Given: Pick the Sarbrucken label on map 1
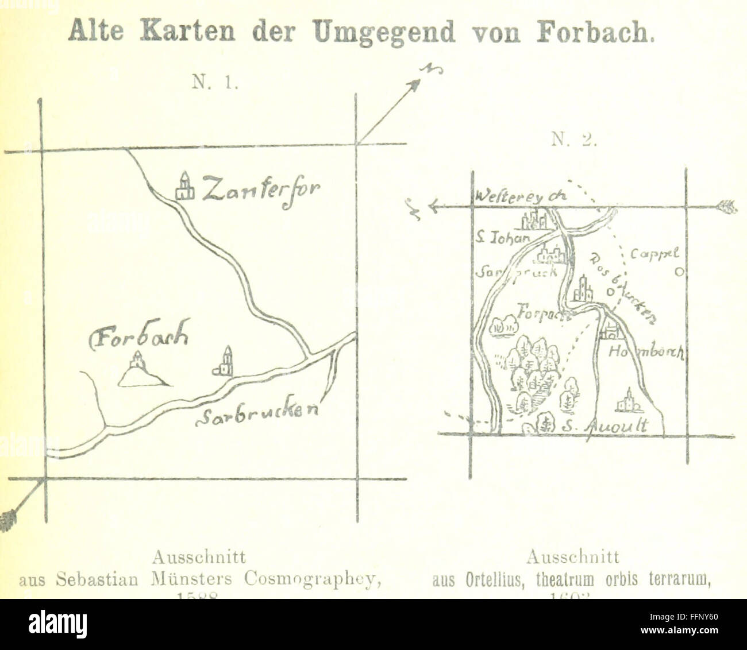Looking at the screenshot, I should pos(257,415).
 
